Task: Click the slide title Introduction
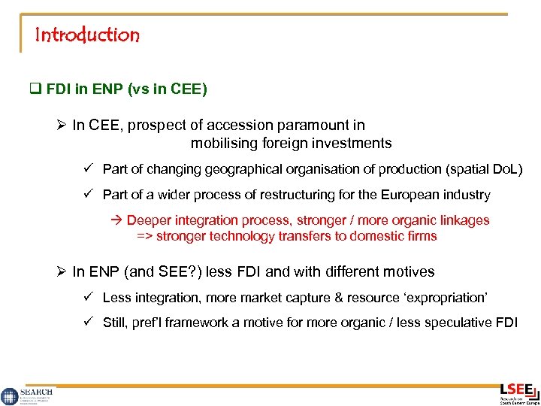[x=87, y=35]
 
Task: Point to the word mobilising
[x=225, y=143]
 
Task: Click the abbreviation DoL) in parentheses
[x=505, y=169]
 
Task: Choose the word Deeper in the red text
[x=149, y=220]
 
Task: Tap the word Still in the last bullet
[x=116, y=324]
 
